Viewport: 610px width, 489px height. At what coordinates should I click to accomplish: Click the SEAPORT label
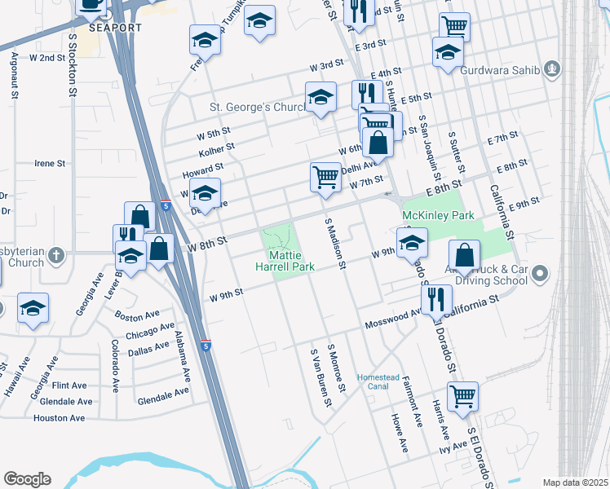click(116, 28)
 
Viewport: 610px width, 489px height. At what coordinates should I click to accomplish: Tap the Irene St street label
click(50, 163)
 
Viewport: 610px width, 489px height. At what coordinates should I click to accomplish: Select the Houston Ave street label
click(59, 418)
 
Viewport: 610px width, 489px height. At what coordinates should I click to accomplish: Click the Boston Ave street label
click(137, 315)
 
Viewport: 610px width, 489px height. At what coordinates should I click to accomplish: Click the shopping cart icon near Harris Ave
click(462, 397)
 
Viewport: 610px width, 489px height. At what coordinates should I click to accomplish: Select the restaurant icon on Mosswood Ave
click(437, 299)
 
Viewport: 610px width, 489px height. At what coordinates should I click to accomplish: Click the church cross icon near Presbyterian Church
click(55, 254)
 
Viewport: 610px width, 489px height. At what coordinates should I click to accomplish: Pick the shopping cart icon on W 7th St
click(325, 175)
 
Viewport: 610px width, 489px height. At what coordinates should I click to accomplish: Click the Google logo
click(27, 479)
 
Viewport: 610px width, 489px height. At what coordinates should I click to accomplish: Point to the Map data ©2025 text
click(574, 482)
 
